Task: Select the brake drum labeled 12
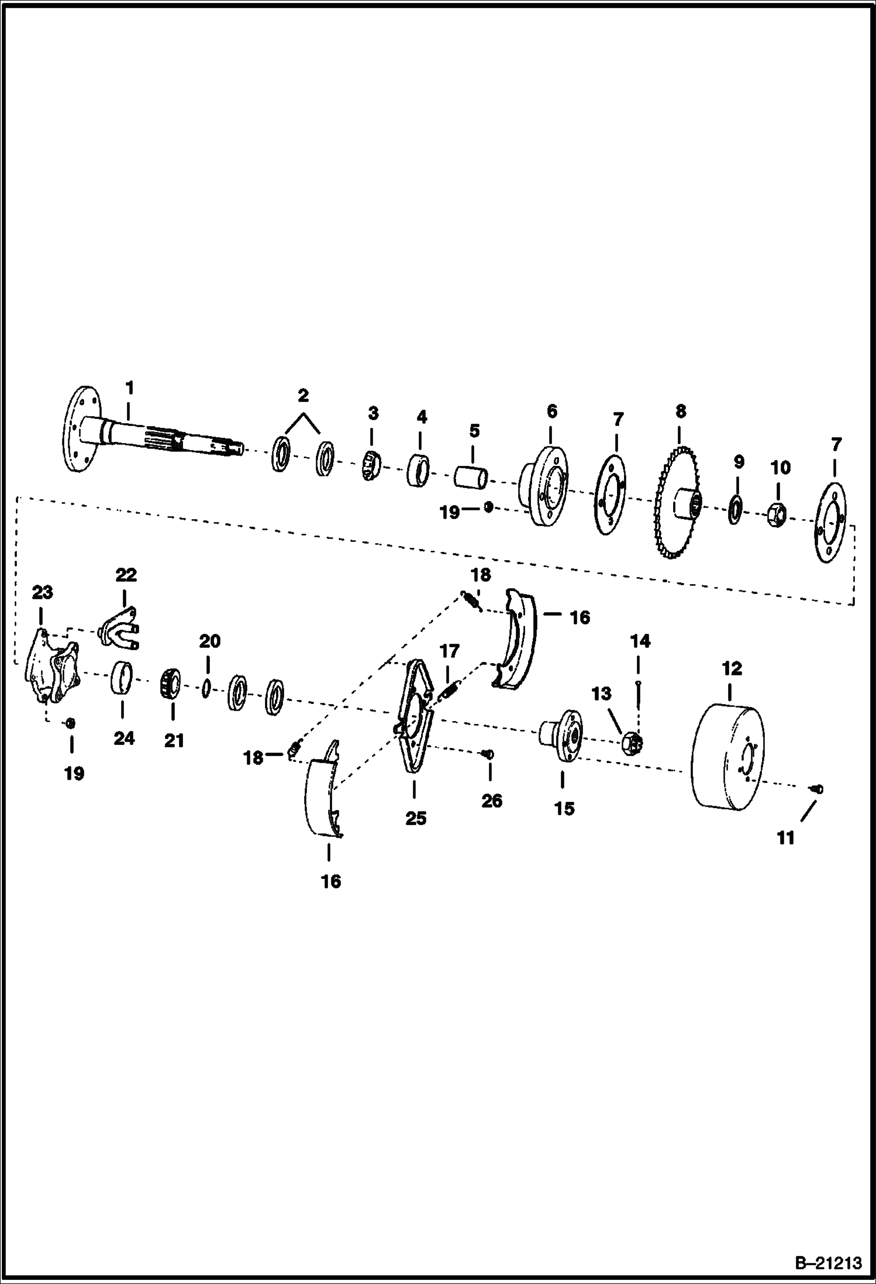[727, 758]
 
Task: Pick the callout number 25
[416, 818]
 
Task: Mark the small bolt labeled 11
[818, 789]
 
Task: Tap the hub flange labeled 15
[560, 735]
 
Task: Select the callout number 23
[42, 593]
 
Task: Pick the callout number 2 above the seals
[303, 396]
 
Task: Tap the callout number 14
[640, 641]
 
